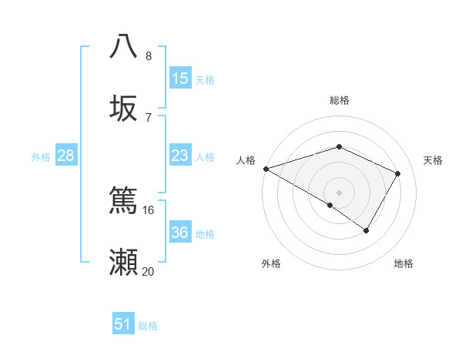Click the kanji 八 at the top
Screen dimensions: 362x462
click(124, 46)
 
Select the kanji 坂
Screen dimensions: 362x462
click(124, 109)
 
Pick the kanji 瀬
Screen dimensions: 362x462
click(124, 262)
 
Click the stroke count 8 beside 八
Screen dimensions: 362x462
click(149, 56)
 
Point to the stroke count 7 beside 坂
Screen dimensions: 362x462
click(149, 117)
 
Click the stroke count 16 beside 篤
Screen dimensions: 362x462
click(149, 209)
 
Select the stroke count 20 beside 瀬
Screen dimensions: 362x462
click(149, 271)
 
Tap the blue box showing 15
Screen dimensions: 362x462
click(180, 78)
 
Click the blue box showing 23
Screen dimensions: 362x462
click(180, 156)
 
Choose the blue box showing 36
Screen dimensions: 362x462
click(180, 233)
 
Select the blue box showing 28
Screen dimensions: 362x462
click(66, 156)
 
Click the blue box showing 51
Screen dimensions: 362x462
click(123, 324)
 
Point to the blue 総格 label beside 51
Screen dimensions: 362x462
click(148, 326)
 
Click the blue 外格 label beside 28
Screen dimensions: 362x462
click(41, 157)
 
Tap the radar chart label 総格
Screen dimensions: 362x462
click(339, 100)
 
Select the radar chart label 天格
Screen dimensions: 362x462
click(433, 160)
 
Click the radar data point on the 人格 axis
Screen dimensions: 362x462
click(265, 168)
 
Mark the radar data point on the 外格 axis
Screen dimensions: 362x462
click(330, 205)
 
